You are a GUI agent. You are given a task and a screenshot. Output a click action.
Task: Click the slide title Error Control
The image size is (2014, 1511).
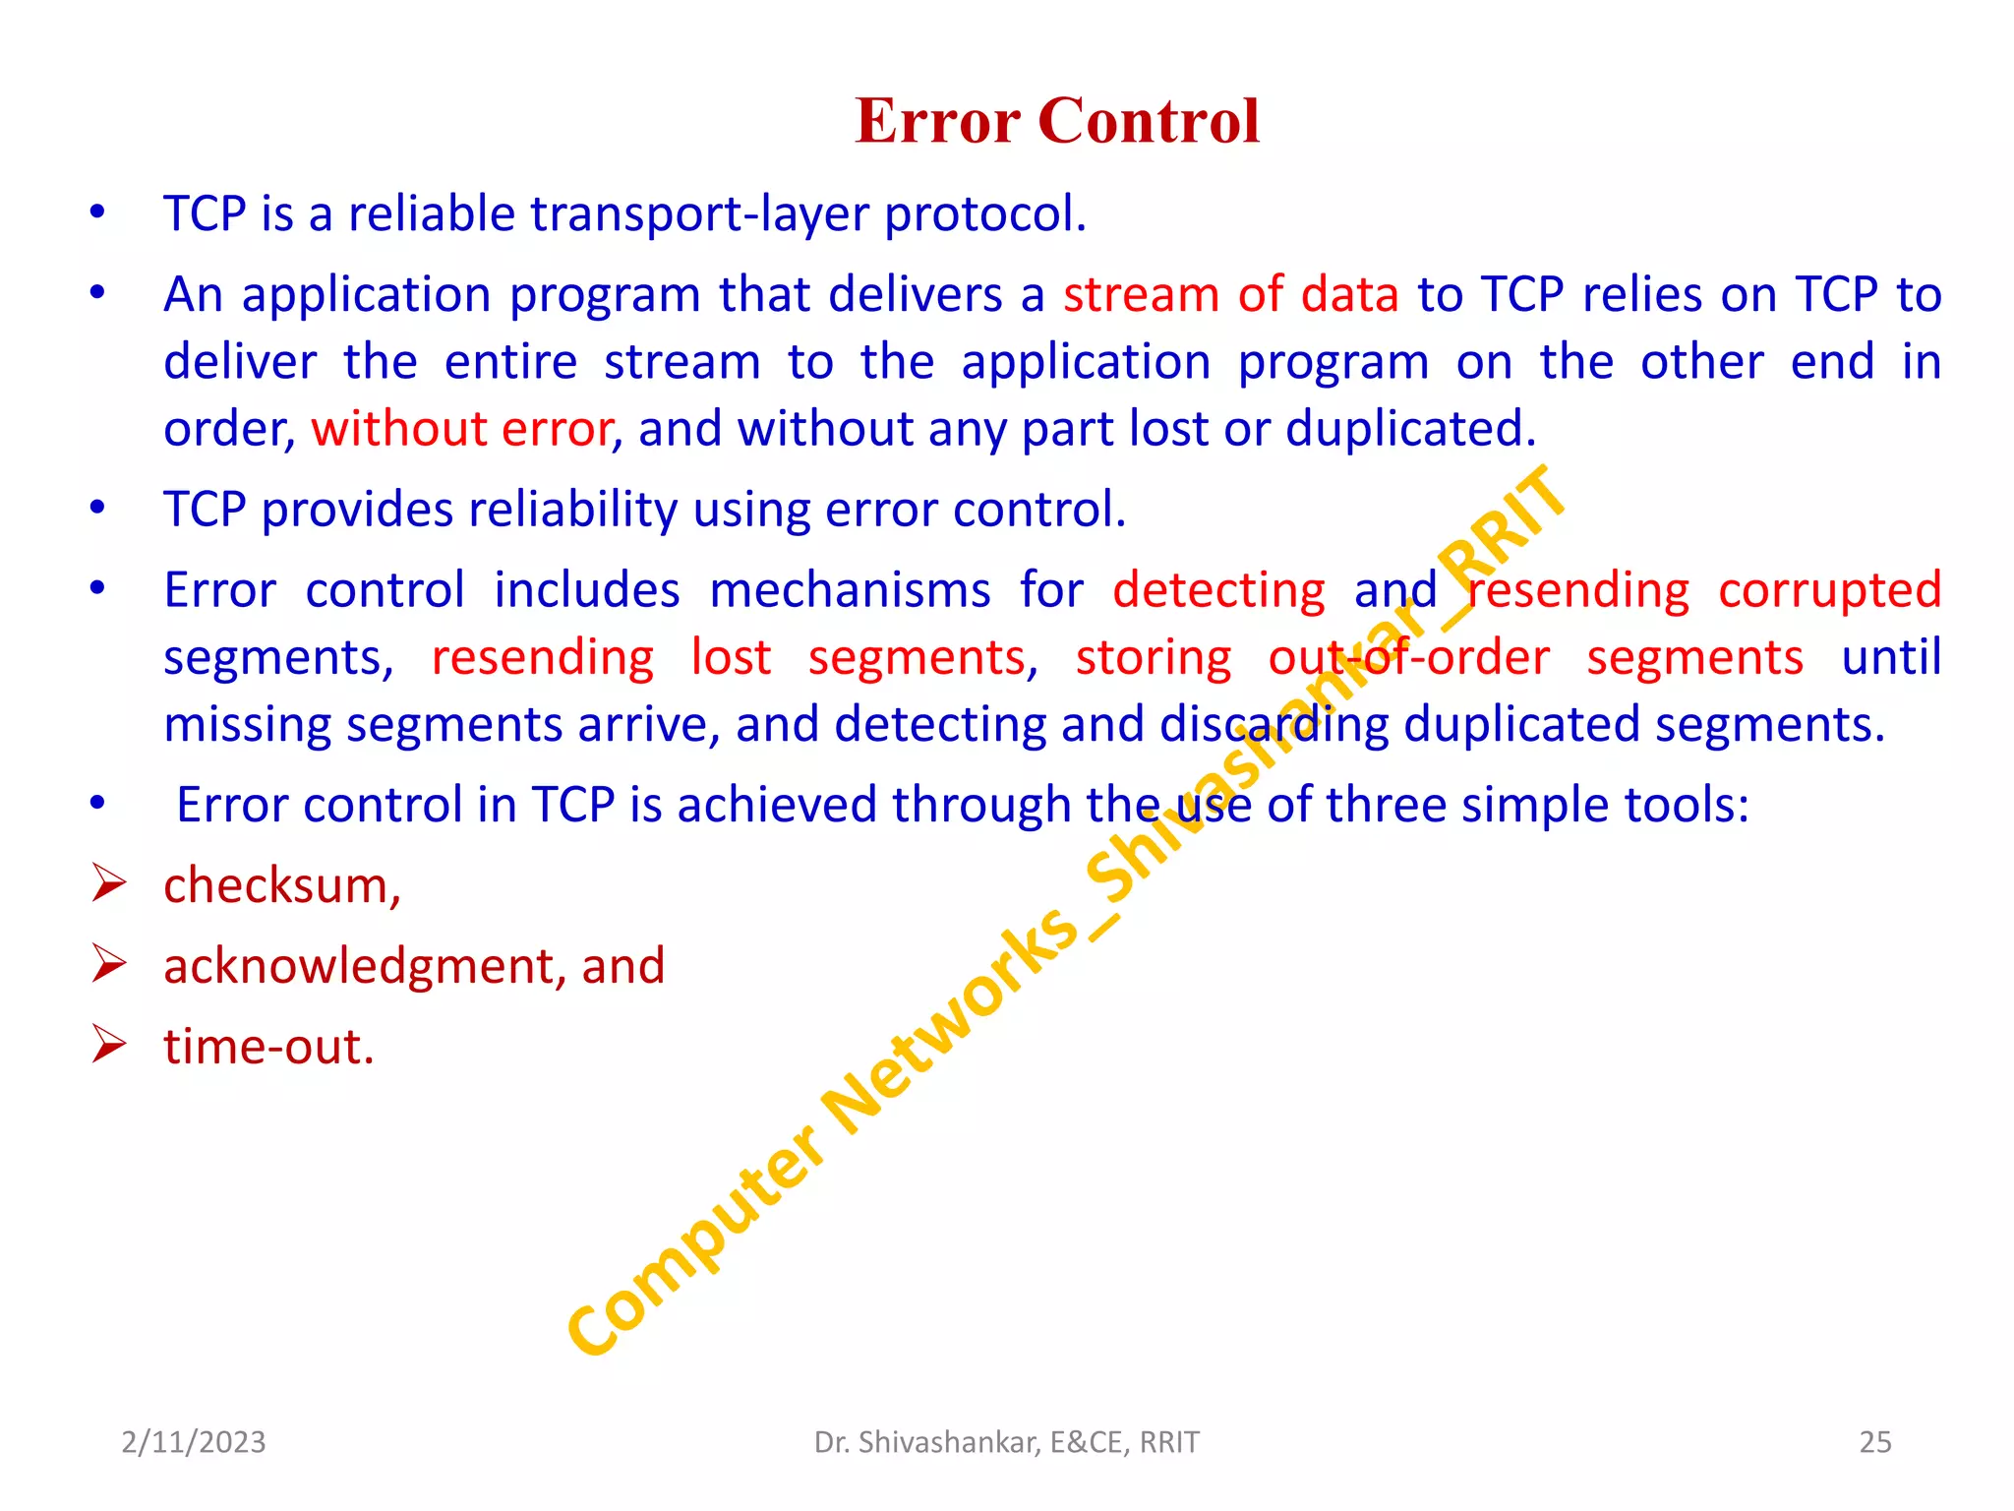(1057, 121)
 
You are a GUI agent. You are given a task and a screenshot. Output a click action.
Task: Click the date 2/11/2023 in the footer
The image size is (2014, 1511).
(194, 1442)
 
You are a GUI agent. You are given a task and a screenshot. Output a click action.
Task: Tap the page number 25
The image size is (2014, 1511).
(1874, 1442)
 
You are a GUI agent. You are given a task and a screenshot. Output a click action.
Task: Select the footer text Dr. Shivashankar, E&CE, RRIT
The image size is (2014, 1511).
(1006, 1442)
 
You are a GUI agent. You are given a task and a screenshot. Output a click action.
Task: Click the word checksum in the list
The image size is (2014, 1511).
(278, 885)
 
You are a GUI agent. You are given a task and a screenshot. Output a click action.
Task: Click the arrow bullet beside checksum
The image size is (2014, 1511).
(108, 883)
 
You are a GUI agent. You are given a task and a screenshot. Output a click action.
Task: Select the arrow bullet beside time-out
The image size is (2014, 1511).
(108, 1044)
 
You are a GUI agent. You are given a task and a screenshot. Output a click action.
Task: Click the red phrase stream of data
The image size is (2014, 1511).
(1230, 295)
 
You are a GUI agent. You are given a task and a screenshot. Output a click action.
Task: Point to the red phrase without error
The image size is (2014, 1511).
(462, 429)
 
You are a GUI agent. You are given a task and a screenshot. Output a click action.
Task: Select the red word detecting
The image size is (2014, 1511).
(1218, 590)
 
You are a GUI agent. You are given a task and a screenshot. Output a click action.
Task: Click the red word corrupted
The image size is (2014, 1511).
(1829, 590)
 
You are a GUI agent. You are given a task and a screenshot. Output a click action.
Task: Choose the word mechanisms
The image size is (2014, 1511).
(850, 590)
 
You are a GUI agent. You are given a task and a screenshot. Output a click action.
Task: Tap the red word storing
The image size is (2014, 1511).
(1153, 657)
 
